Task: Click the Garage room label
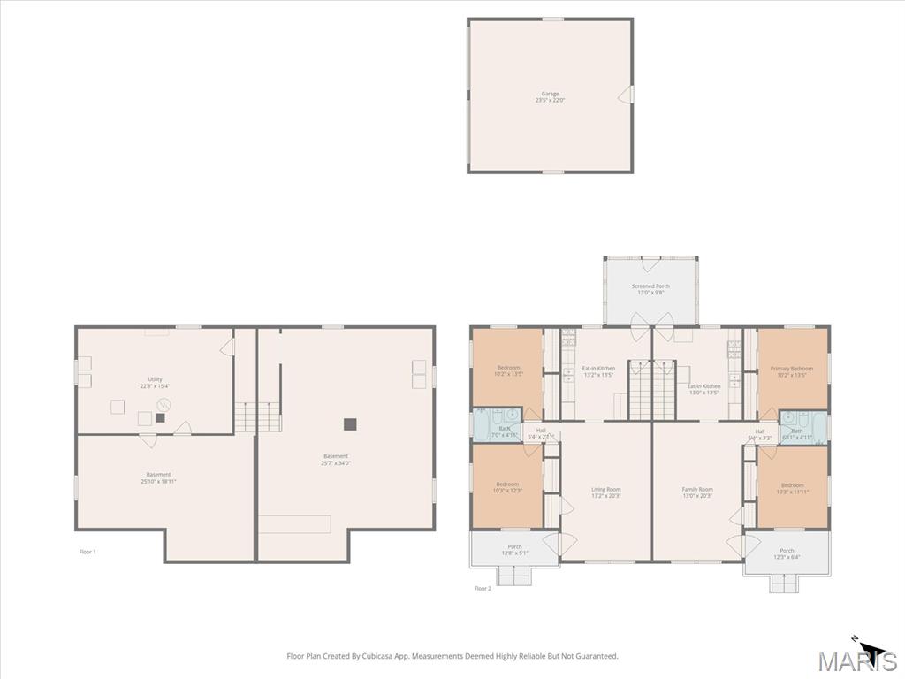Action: pyautogui.click(x=550, y=96)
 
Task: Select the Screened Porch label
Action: pyautogui.click(x=650, y=289)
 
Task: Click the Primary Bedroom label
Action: pyautogui.click(x=792, y=371)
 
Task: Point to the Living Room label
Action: pyautogui.click(x=606, y=492)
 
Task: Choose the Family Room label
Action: pyautogui.click(x=696, y=492)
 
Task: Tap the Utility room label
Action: pyautogui.click(x=155, y=382)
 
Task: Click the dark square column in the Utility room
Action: pyautogui.click(x=160, y=417)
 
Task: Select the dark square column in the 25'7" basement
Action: pyautogui.click(x=350, y=423)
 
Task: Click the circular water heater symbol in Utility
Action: pyautogui.click(x=164, y=404)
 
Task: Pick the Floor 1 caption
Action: pyautogui.click(x=87, y=552)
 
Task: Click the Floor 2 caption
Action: pyautogui.click(x=483, y=588)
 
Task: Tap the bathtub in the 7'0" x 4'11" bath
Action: pyautogui.click(x=483, y=424)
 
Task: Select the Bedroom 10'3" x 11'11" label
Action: pyautogui.click(x=792, y=488)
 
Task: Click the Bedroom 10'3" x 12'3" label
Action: pyautogui.click(x=507, y=487)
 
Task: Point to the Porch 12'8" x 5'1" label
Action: pyautogui.click(x=514, y=550)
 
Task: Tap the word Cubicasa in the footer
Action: pyautogui.click(x=369, y=656)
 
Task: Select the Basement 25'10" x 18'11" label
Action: pyautogui.click(x=158, y=477)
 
